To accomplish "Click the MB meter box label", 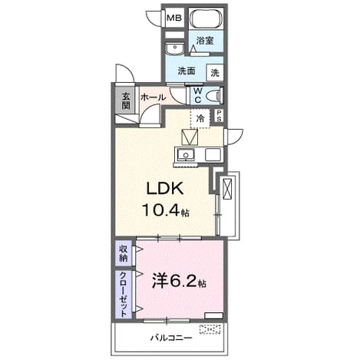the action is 174,18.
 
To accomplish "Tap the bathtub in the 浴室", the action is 206,18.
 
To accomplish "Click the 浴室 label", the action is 205,41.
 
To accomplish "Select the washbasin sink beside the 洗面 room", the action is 174,48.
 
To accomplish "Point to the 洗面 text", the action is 187,71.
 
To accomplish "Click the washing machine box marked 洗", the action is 215,73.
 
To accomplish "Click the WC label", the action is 198,95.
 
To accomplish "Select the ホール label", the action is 154,97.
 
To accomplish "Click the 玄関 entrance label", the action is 126,101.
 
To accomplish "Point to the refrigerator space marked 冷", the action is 200,118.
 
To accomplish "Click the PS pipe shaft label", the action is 219,116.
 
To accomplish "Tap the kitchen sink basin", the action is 186,154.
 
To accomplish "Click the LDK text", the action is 165,189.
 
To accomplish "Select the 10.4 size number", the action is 161,210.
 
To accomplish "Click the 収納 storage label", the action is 124,253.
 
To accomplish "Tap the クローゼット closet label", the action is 124,294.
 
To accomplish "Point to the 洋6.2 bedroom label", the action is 179,281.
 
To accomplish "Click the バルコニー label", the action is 171,339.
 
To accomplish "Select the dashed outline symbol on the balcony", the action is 210,329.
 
